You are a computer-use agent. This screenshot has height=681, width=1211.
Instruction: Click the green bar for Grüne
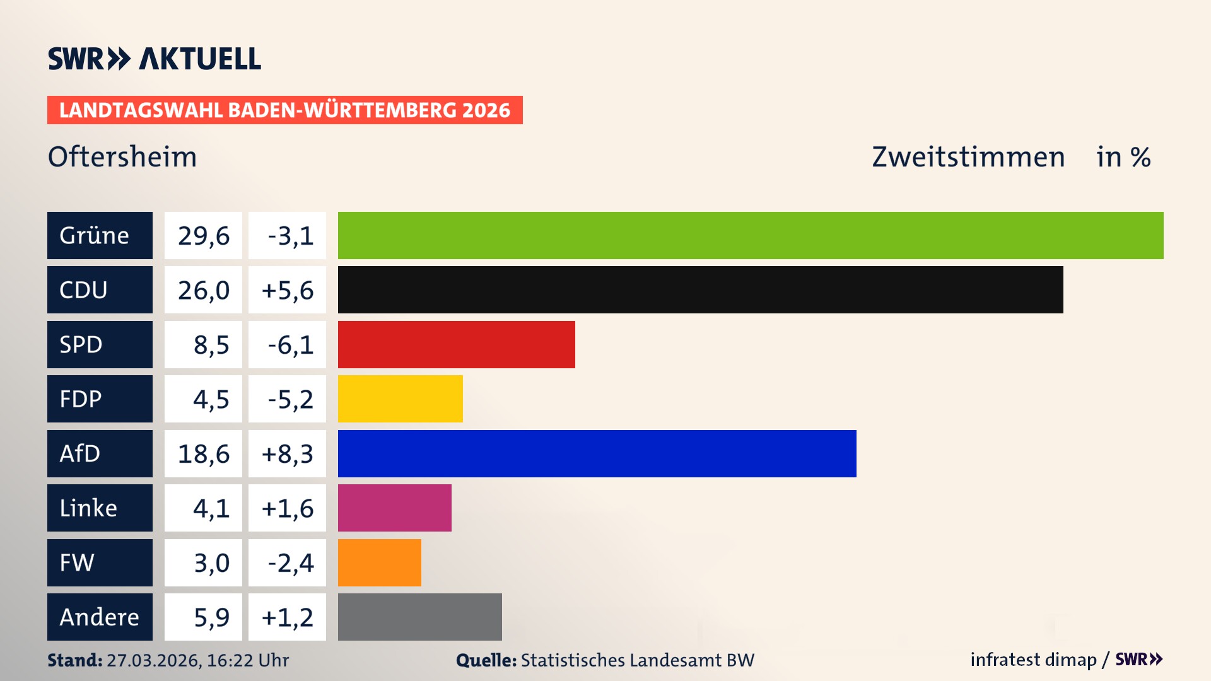point(751,235)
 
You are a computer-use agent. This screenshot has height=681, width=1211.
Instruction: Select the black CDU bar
point(700,289)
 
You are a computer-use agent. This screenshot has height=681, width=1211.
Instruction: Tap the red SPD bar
point(456,344)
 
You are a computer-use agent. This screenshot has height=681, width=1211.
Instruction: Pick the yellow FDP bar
point(400,399)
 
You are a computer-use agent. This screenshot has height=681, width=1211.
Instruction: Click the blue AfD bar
point(597,453)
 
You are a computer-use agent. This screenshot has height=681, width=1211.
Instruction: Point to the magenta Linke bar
point(394,508)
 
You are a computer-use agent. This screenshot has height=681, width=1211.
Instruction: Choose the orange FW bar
point(379,562)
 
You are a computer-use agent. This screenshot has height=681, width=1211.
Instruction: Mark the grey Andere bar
point(419,617)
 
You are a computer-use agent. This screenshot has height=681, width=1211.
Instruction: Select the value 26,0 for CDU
point(203,290)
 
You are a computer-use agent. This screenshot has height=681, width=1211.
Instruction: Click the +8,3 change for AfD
point(288,454)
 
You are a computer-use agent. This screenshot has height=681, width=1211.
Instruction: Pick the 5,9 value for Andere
point(211,617)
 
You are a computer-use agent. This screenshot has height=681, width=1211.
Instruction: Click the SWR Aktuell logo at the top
point(154,59)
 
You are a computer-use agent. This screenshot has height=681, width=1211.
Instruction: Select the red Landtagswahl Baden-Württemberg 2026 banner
point(284,110)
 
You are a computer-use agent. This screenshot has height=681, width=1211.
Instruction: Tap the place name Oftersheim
point(122,156)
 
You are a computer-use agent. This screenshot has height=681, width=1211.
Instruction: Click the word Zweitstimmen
point(968,156)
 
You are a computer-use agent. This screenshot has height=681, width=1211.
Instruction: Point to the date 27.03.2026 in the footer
point(153,660)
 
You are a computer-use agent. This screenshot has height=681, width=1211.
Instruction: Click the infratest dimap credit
point(1033,660)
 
